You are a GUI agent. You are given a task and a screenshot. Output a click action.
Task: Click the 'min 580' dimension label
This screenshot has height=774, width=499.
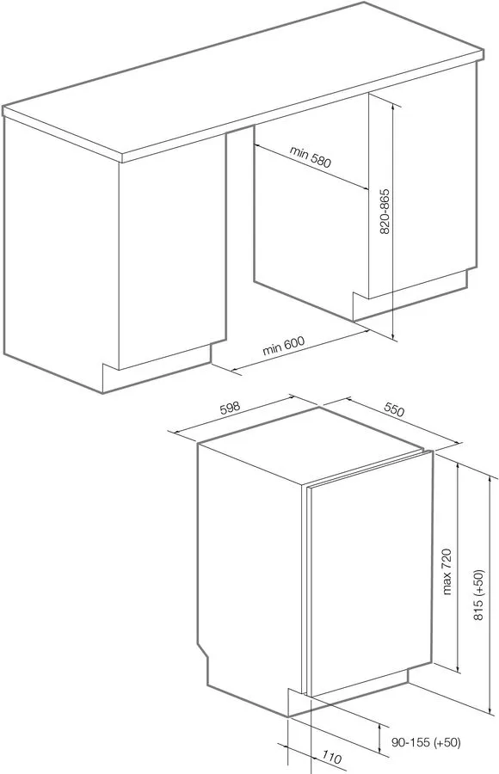pos(311,157)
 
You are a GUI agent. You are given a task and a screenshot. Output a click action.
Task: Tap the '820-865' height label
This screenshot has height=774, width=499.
pos(385,212)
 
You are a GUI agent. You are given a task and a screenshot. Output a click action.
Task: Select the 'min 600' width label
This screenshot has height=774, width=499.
pos(283,345)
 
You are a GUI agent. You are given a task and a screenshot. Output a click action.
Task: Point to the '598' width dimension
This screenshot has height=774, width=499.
pos(229,408)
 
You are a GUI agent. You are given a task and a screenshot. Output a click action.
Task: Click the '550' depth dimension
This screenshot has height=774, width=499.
pos(394,410)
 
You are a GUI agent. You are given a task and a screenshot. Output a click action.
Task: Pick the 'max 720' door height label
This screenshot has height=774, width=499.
pos(447,571)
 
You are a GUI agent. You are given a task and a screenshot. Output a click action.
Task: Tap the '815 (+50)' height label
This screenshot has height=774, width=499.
pos(478,595)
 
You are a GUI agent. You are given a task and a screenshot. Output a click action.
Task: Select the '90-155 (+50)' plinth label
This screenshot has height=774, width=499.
pos(426,742)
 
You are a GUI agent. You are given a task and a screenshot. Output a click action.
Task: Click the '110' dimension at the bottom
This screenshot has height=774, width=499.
pos(331,757)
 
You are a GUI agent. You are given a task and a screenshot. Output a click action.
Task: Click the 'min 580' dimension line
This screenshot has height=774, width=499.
pos(311,166)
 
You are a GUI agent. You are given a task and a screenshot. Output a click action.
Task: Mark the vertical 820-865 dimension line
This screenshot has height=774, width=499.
pos(393,222)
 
